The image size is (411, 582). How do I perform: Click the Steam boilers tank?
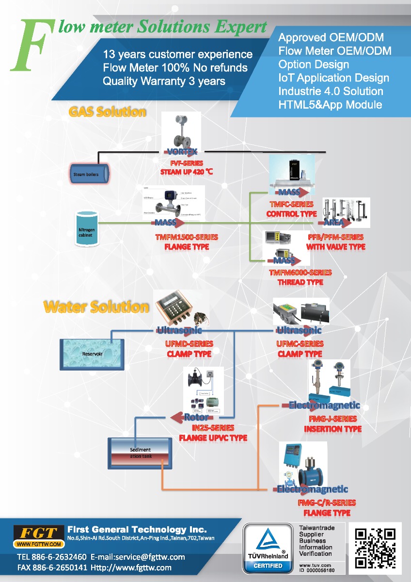pyautogui.click(x=87, y=174)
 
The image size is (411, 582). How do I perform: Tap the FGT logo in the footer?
pyautogui.click(x=38, y=535)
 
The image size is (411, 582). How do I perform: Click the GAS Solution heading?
pyautogui.click(x=108, y=112)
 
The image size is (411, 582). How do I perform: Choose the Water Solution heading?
pyautogui.click(x=96, y=307)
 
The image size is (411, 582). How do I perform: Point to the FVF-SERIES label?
pyautogui.click(x=187, y=163)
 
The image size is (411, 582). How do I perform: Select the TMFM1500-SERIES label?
pyautogui.click(x=187, y=237)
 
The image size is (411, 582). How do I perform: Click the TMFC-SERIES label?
pyautogui.click(x=291, y=204)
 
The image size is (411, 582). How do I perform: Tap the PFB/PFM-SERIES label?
pyautogui.click(x=335, y=237)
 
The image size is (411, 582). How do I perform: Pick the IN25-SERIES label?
pyautogui.click(x=213, y=428)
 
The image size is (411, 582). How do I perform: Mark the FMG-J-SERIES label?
pyautogui.click(x=332, y=419)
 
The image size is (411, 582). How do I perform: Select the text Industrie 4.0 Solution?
pyautogui.click(x=331, y=91)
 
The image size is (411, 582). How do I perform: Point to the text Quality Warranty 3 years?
pyautogui.click(x=164, y=81)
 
